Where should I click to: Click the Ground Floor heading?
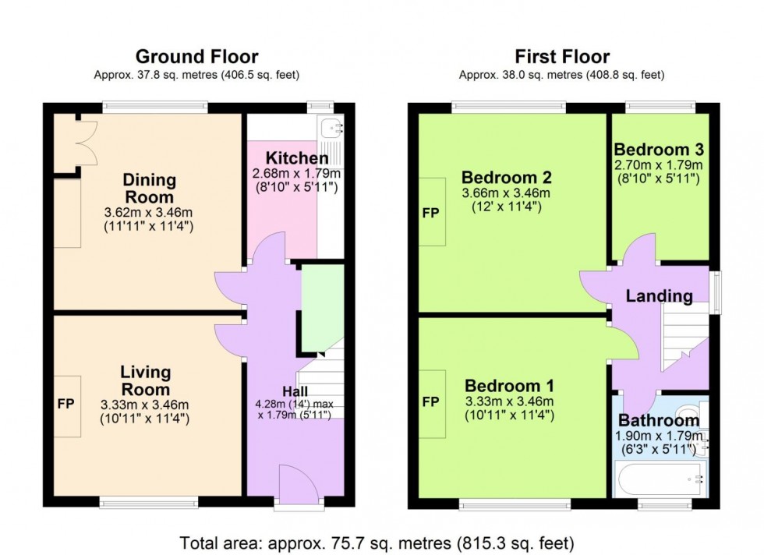196,56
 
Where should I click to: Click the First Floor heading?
561,56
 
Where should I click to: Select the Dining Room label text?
149,189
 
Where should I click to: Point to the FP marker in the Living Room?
66,405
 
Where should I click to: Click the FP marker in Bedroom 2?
430,212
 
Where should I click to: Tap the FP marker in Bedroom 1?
430,403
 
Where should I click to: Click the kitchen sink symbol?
333,125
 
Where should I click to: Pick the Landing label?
659,296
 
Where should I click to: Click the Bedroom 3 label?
659,150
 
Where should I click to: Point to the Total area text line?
377,542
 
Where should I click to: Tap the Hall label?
295,391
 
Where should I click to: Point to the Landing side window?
716,292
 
